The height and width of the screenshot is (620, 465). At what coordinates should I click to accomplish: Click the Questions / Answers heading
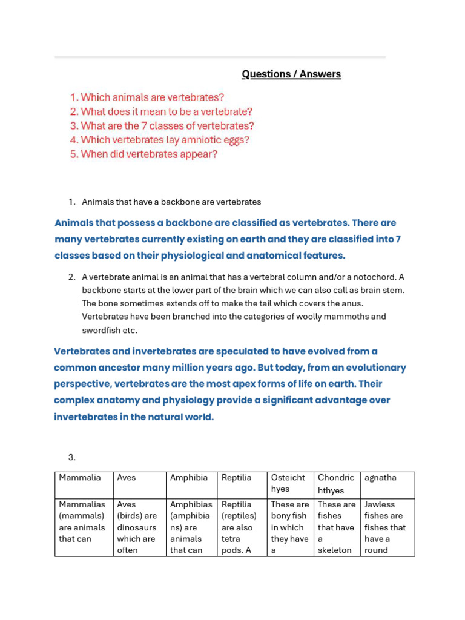pyautogui.click(x=291, y=74)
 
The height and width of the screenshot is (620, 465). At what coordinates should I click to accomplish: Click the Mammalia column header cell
pyautogui.click(x=84, y=484)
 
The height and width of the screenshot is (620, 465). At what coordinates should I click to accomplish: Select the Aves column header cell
pyautogui.click(x=139, y=484)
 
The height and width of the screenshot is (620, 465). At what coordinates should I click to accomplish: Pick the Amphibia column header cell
pyautogui.click(x=191, y=484)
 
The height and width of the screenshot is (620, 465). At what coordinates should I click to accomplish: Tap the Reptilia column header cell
pyautogui.click(x=242, y=484)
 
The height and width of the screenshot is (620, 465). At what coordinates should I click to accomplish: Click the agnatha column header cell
pyautogui.click(x=387, y=484)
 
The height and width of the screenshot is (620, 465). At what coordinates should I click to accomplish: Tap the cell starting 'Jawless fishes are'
pyautogui.click(x=387, y=527)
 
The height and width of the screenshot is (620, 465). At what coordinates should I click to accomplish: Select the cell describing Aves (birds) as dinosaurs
pyautogui.click(x=139, y=527)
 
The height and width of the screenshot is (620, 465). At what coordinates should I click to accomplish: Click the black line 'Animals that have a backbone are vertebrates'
pyautogui.click(x=171, y=202)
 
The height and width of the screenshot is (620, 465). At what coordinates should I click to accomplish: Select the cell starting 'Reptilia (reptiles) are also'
pyautogui.click(x=242, y=527)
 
